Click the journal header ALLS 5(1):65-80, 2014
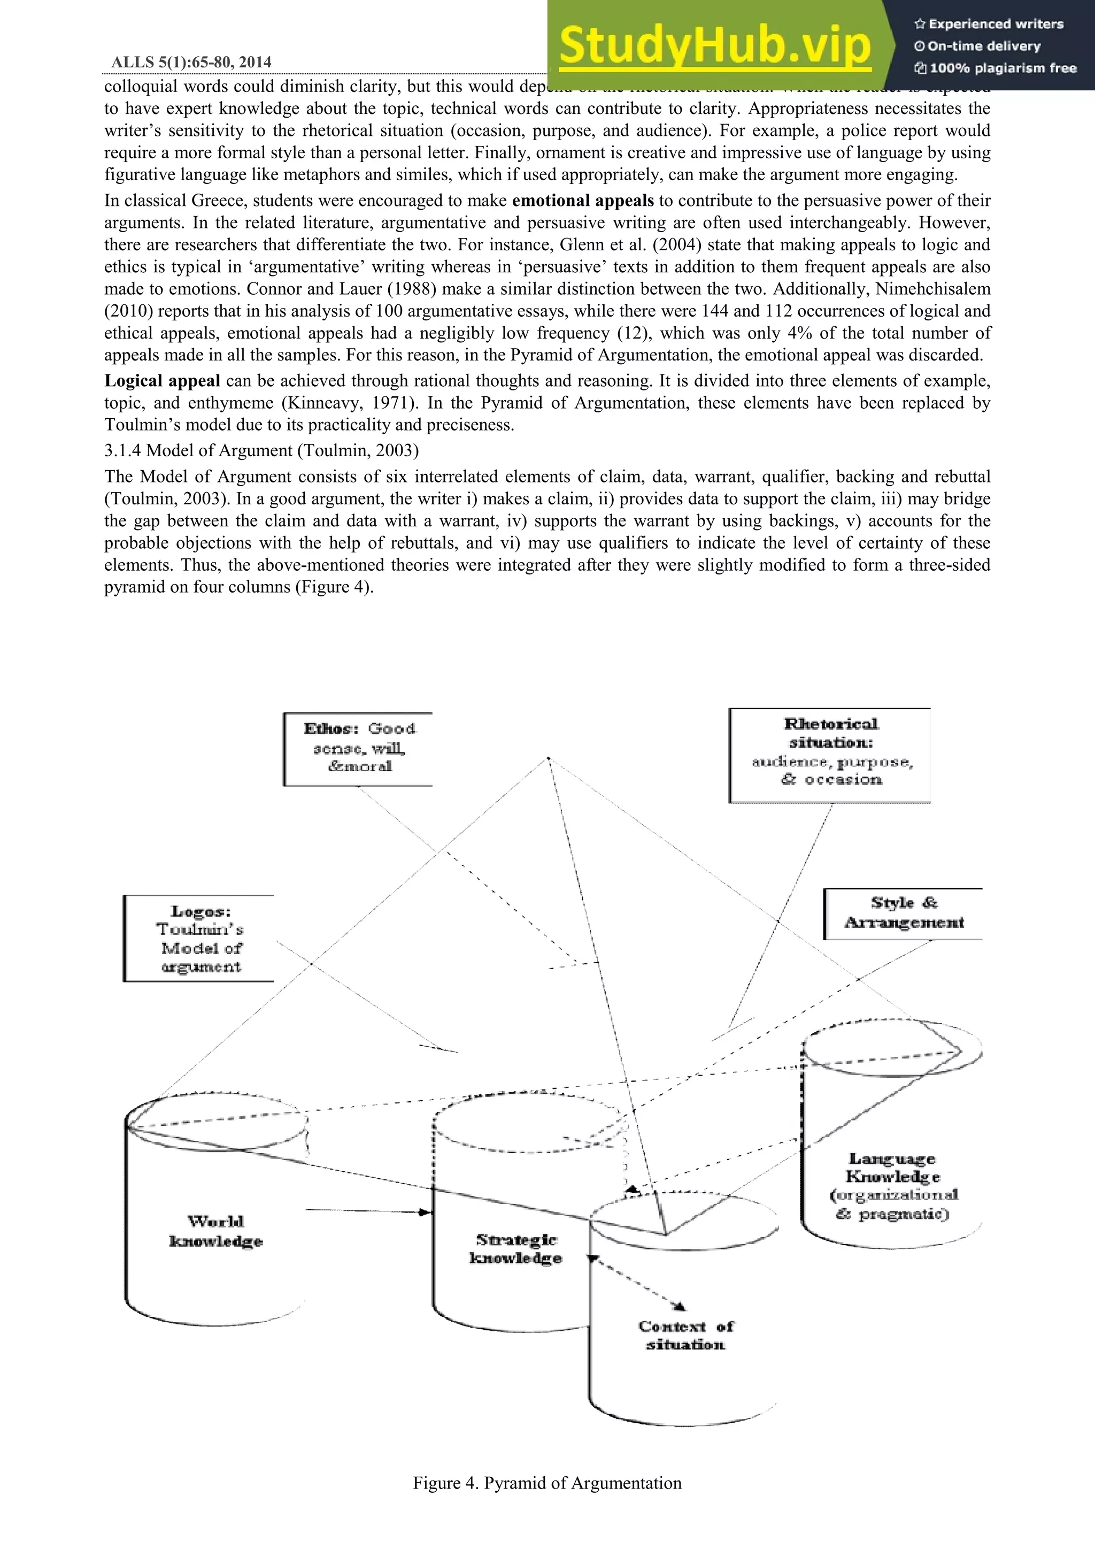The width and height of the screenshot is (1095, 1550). coord(191,62)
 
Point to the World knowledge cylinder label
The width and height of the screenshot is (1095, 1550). coord(215,1231)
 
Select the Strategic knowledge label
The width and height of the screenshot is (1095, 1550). coord(516,1249)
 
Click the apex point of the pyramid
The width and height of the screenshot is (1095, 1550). coord(549,759)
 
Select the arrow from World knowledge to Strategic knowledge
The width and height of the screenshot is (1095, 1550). coord(368,1212)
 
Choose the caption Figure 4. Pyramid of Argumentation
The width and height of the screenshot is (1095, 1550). coord(547,1483)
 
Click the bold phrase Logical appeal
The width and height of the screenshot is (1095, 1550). coord(162,381)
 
